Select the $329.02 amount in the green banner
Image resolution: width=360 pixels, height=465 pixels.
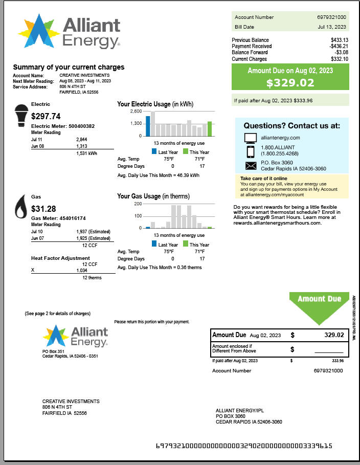pyautogui.click(x=290, y=83)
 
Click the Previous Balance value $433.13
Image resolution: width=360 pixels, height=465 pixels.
pyautogui.click(x=339, y=40)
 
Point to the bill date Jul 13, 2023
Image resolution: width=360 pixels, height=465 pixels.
pyautogui.click(x=332, y=27)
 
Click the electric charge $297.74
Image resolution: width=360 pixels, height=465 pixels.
pyautogui.click(x=46, y=117)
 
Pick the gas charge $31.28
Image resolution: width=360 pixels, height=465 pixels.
pyautogui.click(x=43, y=209)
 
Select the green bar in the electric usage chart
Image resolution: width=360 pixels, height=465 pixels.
pyautogui.click(x=209, y=128)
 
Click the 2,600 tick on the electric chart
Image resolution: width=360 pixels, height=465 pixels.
pyautogui.click(x=136, y=111)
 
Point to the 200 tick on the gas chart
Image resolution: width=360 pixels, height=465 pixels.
pyautogui.click(x=138, y=204)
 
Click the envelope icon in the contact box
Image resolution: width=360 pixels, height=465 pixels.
pyautogui.click(x=251, y=165)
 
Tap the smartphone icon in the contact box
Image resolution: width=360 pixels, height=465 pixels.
pyautogui.click(x=251, y=151)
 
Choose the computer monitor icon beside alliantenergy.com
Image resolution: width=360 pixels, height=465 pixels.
pyautogui.click(x=251, y=138)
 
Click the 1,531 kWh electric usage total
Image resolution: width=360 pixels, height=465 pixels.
pyautogui.click(x=87, y=153)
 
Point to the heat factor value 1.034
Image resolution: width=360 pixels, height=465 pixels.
pyautogui.click(x=82, y=270)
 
